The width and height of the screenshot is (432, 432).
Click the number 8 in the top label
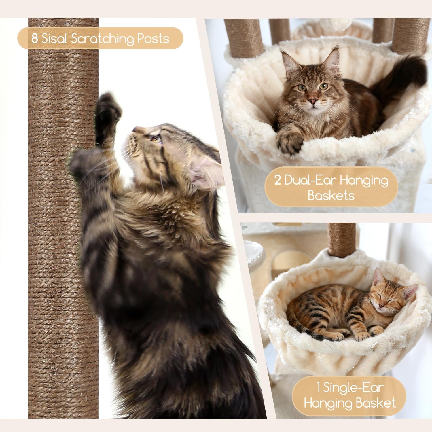coord(35,38)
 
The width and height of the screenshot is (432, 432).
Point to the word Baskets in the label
coord(331,196)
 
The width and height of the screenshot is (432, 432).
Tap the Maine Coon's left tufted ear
coord(288,59)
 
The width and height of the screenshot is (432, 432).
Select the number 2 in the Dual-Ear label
coord(277,180)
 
